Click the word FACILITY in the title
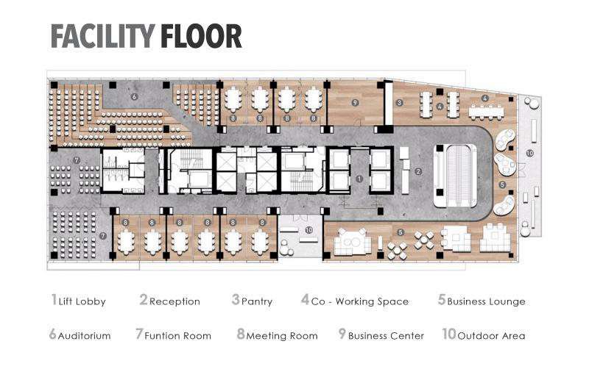tap(103, 36)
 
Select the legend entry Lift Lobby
tap(79, 301)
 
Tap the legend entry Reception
tap(170, 301)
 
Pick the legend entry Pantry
tap(252, 301)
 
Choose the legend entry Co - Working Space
tap(355, 301)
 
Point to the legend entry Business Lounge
tap(482, 301)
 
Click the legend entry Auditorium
tap(80, 334)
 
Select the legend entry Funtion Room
tap(173, 334)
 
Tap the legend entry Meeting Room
tap(278, 334)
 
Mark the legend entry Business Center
tap(381, 334)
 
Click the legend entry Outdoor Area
tap(484, 334)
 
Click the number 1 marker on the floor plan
tap(359, 179)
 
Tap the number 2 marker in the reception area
tap(418, 172)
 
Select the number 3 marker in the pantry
tap(399, 102)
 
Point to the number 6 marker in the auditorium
tap(134, 97)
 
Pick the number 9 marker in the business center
tap(355, 102)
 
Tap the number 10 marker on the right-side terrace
tap(529, 153)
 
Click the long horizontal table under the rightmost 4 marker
tap(485, 112)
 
